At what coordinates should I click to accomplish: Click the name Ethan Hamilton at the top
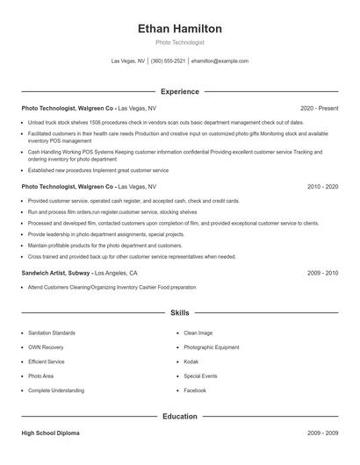point(180,28)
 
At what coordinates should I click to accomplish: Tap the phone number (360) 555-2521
point(169,61)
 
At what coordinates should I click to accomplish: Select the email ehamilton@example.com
point(220,61)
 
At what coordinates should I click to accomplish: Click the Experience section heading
point(180,91)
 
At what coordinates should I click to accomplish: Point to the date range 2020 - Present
point(319,109)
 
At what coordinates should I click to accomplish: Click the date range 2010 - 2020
point(322,187)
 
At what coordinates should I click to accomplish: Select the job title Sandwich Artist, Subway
point(55,273)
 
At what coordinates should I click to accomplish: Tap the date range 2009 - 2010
point(322,273)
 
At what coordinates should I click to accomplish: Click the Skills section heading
point(180,312)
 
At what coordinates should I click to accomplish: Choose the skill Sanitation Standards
point(52,333)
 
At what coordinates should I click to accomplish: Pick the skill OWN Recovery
point(46,347)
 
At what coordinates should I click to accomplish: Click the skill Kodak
point(191,361)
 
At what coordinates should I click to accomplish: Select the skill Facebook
point(195,390)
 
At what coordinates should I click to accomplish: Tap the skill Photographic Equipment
point(210,347)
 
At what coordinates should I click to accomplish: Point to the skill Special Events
point(201,376)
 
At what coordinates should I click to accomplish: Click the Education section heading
point(180,416)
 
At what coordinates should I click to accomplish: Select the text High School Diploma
point(52,433)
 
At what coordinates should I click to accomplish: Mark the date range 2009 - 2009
point(322,433)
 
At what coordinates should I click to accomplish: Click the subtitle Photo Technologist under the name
point(180,42)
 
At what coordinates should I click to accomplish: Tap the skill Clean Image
point(198,333)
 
